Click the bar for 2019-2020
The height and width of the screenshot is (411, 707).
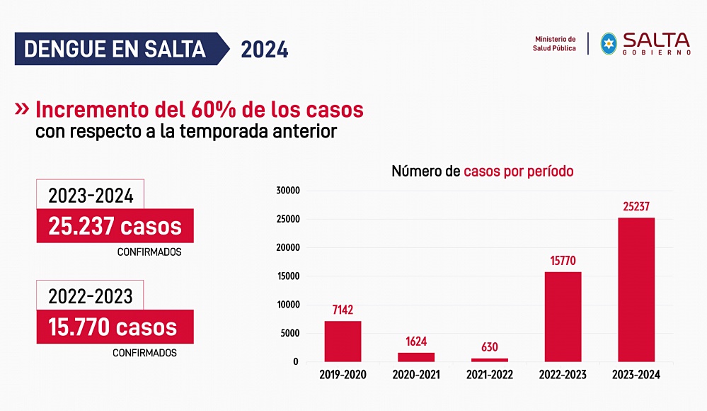click(343, 342)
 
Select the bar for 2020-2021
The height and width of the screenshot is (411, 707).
click(416, 357)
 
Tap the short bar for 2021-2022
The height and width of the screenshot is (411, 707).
click(490, 360)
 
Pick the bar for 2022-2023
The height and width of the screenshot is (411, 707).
click(563, 317)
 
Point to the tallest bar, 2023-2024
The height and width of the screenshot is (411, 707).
click(636, 290)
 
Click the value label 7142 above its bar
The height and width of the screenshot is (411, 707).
click(343, 310)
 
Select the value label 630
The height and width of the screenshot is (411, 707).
click(490, 347)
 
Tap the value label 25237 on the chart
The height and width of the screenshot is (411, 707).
click(636, 206)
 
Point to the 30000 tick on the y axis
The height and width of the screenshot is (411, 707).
click(289, 191)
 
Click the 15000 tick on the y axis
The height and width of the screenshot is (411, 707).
click(289, 276)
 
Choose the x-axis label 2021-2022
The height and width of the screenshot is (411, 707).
click(490, 375)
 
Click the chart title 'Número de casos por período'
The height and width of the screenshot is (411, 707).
click(483, 171)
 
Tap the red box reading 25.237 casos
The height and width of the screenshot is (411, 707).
click(115, 227)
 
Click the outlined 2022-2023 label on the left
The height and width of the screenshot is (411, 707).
click(90, 295)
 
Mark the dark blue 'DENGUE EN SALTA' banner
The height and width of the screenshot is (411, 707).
click(116, 50)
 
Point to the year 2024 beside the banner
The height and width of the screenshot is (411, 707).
click(264, 50)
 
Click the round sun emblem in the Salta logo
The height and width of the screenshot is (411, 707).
click(608, 43)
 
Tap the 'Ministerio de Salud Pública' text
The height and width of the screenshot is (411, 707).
click(555, 44)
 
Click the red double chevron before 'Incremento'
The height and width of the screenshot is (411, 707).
click(22, 109)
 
